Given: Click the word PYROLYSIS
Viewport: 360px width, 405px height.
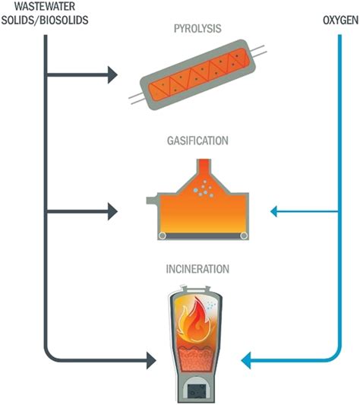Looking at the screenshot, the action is (x=197, y=28).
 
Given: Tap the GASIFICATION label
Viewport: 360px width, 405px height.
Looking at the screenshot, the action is (x=197, y=141).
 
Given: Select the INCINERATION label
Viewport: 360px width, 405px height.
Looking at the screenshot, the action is (x=197, y=269).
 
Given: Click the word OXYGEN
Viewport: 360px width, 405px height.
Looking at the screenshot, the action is (x=340, y=21).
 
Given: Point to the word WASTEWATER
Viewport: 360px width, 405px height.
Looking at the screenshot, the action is (x=45, y=7).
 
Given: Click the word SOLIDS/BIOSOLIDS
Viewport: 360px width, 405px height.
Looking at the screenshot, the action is (x=45, y=21).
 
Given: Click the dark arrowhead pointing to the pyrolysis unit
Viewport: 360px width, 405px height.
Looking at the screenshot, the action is (x=113, y=75).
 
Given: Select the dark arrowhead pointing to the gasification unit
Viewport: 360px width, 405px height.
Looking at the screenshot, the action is (x=113, y=211).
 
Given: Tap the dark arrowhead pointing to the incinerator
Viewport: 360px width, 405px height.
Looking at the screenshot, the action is (x=151, y=360).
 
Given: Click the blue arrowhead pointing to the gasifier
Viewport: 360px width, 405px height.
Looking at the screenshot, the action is (x=273, y=211).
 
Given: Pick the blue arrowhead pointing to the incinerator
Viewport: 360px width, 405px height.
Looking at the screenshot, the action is (x=246, y=360).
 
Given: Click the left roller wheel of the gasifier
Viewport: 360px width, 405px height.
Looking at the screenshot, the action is (x=163, y=236).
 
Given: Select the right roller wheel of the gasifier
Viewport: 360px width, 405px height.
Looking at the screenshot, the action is (x=244, y=236).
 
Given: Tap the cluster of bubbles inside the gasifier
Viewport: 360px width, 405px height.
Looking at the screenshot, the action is (x=204, y=188).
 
